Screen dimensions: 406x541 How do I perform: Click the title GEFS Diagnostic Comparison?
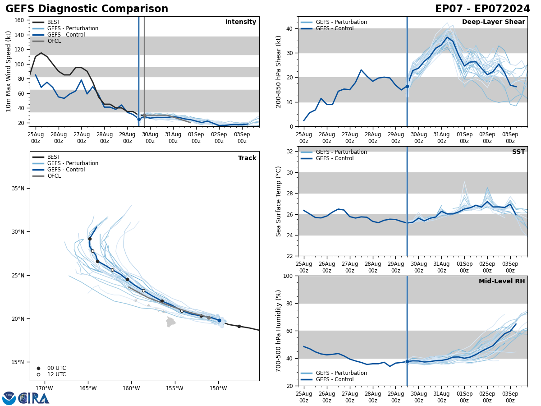pos(87,9)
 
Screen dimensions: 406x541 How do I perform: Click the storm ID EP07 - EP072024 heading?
pos(482,9)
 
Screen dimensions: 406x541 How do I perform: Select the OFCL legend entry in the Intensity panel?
pos(54,41)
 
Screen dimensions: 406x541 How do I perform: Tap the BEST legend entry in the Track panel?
pos(54,157)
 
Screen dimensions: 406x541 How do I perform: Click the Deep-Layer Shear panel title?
pos(493,22)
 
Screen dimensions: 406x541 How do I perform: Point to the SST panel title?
pos(518,152)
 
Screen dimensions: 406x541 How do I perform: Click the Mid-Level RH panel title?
pos(501,281)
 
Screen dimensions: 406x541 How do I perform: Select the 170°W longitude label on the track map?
pos(44,388)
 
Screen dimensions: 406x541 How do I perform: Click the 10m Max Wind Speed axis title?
pos(9,71)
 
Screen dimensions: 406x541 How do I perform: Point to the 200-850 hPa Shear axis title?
pos(279,71)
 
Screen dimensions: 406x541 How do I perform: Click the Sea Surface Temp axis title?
pos(279,201)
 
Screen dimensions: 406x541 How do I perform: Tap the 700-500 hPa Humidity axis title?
pos(279,331)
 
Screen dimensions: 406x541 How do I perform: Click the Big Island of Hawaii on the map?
pos(170,322)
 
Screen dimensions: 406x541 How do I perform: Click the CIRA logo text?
pos(34,398)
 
